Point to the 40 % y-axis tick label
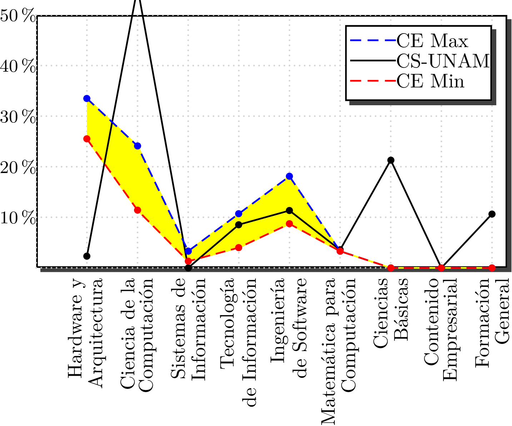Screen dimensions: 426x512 coord(18,66)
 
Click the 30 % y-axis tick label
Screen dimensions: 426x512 coord(18,117)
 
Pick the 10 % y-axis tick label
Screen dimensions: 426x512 coord(18,218)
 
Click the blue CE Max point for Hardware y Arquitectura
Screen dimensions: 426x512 coord(87,98)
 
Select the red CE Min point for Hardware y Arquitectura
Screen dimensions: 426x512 coord(87,139)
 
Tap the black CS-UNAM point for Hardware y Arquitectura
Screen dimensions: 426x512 coord(87,256)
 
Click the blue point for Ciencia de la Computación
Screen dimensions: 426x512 coord(138,146)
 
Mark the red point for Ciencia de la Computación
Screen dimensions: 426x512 coord(138,210)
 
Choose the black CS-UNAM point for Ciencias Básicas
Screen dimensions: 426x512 coord(391,160)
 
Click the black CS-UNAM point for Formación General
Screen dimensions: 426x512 coord(492,214)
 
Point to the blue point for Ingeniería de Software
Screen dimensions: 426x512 coord(289,176)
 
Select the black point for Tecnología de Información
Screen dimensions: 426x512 coord(239,225)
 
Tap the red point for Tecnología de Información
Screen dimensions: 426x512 coord(239,248)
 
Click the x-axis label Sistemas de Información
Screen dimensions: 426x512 coord(188,328)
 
